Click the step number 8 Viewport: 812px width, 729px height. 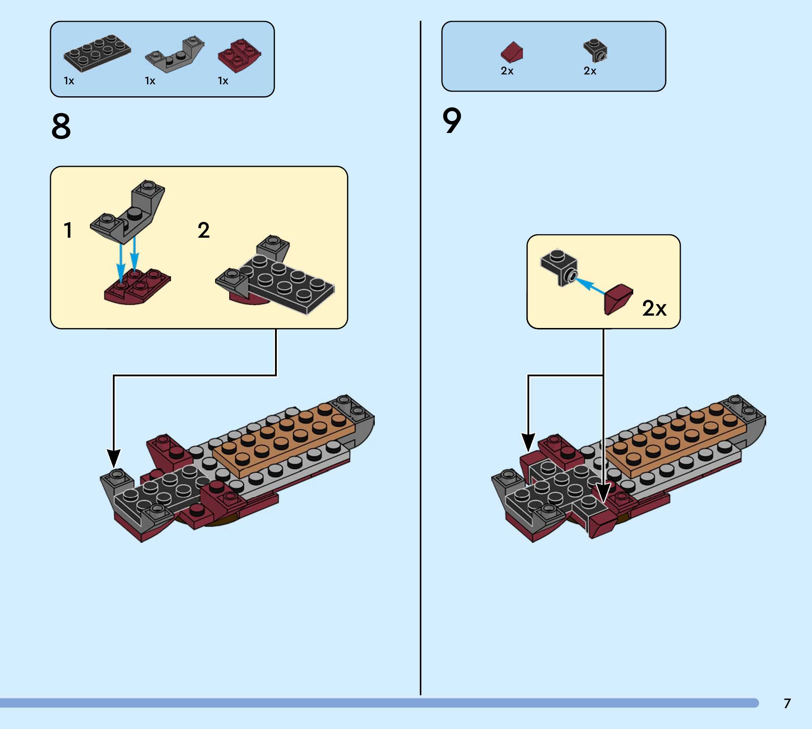pos(61,127)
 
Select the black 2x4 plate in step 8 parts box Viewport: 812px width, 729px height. pos(97,53)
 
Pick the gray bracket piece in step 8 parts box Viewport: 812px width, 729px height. pos(175,55)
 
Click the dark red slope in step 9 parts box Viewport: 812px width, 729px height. pos(512,52)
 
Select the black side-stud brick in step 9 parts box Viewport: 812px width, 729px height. pos(596,50)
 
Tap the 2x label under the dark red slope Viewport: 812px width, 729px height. pos(507,71)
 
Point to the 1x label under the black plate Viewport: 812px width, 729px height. pos(69,81)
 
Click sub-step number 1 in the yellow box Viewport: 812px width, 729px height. pos(68,230)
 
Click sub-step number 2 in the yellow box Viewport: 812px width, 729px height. pos(203,230)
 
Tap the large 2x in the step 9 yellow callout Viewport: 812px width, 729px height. pos(654,308)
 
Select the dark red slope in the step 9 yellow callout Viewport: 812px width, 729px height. pos(618,299)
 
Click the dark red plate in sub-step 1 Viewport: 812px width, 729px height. pos(136,286)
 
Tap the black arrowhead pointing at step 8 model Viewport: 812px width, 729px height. pos(114,458)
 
